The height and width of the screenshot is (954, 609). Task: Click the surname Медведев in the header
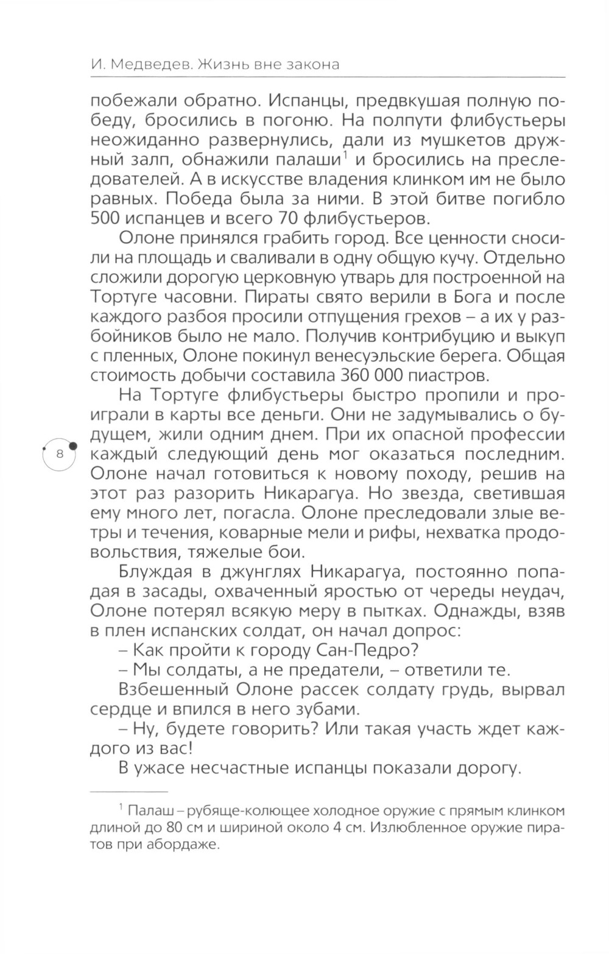click(144, 65)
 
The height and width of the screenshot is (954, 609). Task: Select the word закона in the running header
click(309, 65)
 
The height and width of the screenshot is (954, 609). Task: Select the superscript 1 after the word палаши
click(345, 157)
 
